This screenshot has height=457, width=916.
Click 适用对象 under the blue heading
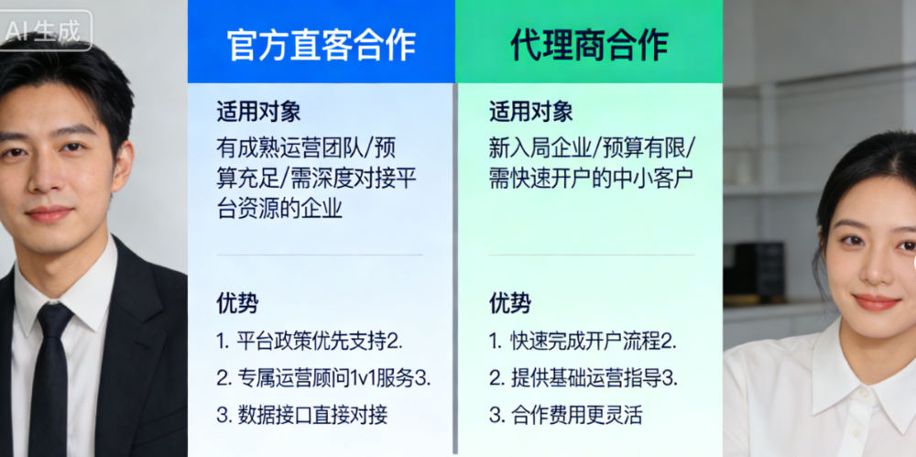(x=258, y=112)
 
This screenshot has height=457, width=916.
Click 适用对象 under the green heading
(x=530, y=112)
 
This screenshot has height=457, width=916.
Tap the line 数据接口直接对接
(x=302, y=414)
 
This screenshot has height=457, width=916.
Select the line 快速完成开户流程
(x=582, y=341)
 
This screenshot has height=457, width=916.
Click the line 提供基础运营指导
(x=582, y=377)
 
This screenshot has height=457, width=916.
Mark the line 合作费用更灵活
(x=565, y=414)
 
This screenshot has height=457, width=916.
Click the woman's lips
(x=876, y=300)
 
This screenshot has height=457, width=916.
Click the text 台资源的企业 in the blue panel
(x=279, y=208)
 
